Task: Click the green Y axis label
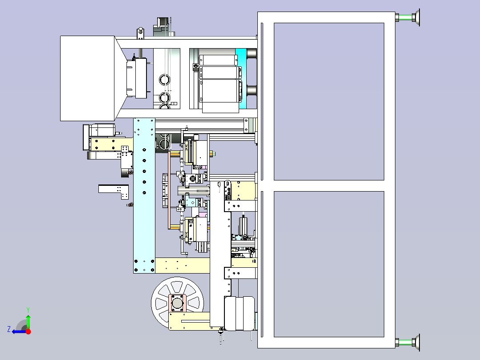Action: pos(28,310)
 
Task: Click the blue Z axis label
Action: pos(9,329)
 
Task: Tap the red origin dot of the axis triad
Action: pos(28,331)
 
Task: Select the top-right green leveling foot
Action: pos(407,17)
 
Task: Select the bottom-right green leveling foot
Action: pos(407,343)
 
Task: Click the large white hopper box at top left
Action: pos(87,78)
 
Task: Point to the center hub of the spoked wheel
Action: pos(177,303)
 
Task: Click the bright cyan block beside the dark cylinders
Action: pos(241,78)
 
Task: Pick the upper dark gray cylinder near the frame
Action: pos(252,53)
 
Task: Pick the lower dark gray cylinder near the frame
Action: pos(252,91)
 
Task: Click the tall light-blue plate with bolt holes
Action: pos(144,196)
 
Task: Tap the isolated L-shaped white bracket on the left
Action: pos(114,191)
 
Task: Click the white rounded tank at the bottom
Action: pos(240,313)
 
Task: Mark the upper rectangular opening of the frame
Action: pos(329,102)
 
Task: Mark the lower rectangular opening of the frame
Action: pos(329,264)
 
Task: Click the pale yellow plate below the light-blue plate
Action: pos(183,266)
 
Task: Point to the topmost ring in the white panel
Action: pos(165,80)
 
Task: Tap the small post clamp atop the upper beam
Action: pos(140,33)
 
